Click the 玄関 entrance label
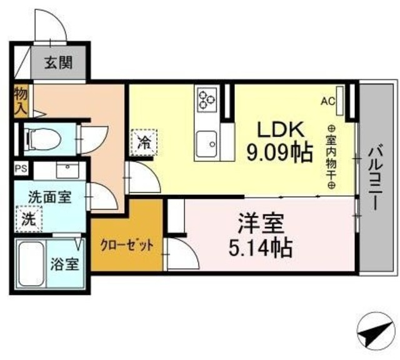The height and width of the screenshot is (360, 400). [x=58, y=62]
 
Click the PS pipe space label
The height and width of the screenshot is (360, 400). [x=19, y=167]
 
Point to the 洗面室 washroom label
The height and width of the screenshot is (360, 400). [x=49, y=196]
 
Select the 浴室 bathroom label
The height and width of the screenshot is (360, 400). [x=64, y=263]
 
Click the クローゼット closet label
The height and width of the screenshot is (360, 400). [x=127, y=244]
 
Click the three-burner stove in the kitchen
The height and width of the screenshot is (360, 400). [x=207, y=99]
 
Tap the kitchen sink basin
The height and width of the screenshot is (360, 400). [x=207, y=145]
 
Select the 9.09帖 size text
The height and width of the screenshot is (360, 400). [x=279, y=152]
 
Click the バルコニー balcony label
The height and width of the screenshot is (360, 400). [x=376, y=177]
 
